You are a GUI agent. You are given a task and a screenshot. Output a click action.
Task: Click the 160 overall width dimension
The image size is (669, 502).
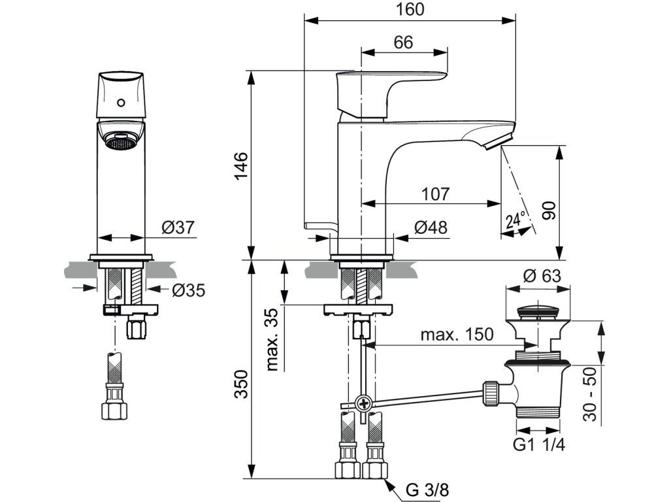coord(410,9)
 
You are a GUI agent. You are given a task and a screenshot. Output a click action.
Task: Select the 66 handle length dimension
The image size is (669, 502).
coord(404,42)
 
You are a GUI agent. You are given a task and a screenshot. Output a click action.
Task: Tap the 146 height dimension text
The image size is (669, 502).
coord(241,165)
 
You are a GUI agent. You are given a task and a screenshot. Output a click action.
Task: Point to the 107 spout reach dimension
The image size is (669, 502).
coord(436,194)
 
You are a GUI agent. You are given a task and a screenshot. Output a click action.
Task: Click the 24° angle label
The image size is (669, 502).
coord(515,220)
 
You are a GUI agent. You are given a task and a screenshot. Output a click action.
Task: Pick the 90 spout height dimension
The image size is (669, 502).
coord(550,210)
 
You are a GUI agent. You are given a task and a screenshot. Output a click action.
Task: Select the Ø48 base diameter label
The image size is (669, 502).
coord(431,227)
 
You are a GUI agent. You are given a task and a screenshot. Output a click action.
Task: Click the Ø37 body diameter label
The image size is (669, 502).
coord(178,227)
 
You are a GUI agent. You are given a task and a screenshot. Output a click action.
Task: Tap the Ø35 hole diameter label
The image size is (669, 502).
coord(189,291)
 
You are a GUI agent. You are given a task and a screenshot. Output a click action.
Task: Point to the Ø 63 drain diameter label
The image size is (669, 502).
coord(542,276)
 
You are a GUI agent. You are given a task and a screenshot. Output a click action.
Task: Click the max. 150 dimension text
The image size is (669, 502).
coord(457,334)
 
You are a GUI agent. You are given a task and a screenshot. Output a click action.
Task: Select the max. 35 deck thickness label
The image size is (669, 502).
coord(272,339)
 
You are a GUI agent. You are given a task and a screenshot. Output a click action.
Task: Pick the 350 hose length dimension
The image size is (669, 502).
coord(242,384)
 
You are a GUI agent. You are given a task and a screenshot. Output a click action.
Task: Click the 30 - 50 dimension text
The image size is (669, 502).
coord(590,394)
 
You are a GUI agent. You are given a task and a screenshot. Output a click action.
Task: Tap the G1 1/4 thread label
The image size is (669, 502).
coord(539,444)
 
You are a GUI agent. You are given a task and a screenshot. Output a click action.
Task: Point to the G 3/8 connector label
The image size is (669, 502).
coord(427,490)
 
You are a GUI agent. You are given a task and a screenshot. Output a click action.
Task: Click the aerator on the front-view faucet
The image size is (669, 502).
coord(121,142)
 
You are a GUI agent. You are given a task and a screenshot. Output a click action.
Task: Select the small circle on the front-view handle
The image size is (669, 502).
coord(121,103)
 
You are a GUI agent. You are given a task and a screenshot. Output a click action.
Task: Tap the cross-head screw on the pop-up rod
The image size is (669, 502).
coord(364,403)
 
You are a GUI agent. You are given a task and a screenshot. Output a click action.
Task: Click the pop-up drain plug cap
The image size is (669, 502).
coord(538,311)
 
